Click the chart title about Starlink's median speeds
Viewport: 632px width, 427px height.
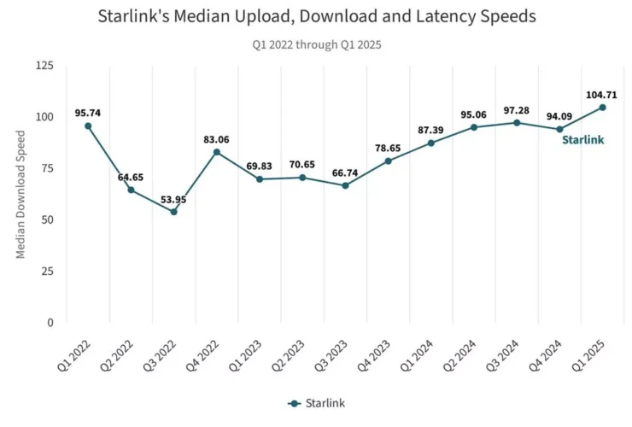pos(316,16)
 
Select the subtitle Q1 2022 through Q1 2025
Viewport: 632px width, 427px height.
pos(316,44)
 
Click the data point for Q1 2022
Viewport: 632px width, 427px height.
pos(88,126)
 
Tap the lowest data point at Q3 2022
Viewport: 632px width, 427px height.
pos(173,212)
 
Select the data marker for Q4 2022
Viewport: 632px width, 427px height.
pos(217,152)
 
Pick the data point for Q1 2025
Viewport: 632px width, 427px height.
pos(603,108)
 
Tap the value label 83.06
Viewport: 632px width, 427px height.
pos(217,138)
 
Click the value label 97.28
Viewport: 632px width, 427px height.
pos(517,108)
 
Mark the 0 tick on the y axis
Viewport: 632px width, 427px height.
pos(50,323)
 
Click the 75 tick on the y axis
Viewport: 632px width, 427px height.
pos(48,168)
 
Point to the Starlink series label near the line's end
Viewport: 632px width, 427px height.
pos(583,139)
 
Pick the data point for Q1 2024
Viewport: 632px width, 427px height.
pos(431,143)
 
